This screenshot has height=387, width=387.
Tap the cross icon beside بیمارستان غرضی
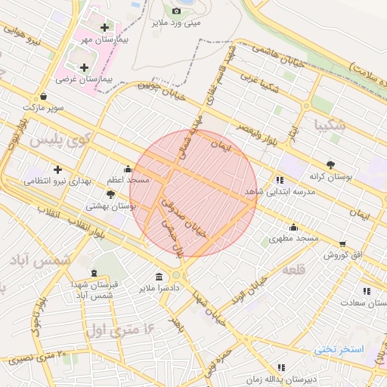pos(84,67)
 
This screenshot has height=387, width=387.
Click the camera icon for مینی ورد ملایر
pos(176,11)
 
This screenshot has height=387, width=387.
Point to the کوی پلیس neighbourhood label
pos(58,139)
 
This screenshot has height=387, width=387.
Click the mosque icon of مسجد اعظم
pos(127,169)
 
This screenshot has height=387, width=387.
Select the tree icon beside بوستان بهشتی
pos(111,194)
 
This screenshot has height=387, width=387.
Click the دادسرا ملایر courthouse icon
pos(159,277)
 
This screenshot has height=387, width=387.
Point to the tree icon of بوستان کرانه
pos(330,164)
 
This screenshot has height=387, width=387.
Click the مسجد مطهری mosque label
pos(294,238)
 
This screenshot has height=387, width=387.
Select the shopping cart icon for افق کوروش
pos(342,244)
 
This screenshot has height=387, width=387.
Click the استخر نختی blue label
pos(339,349)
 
